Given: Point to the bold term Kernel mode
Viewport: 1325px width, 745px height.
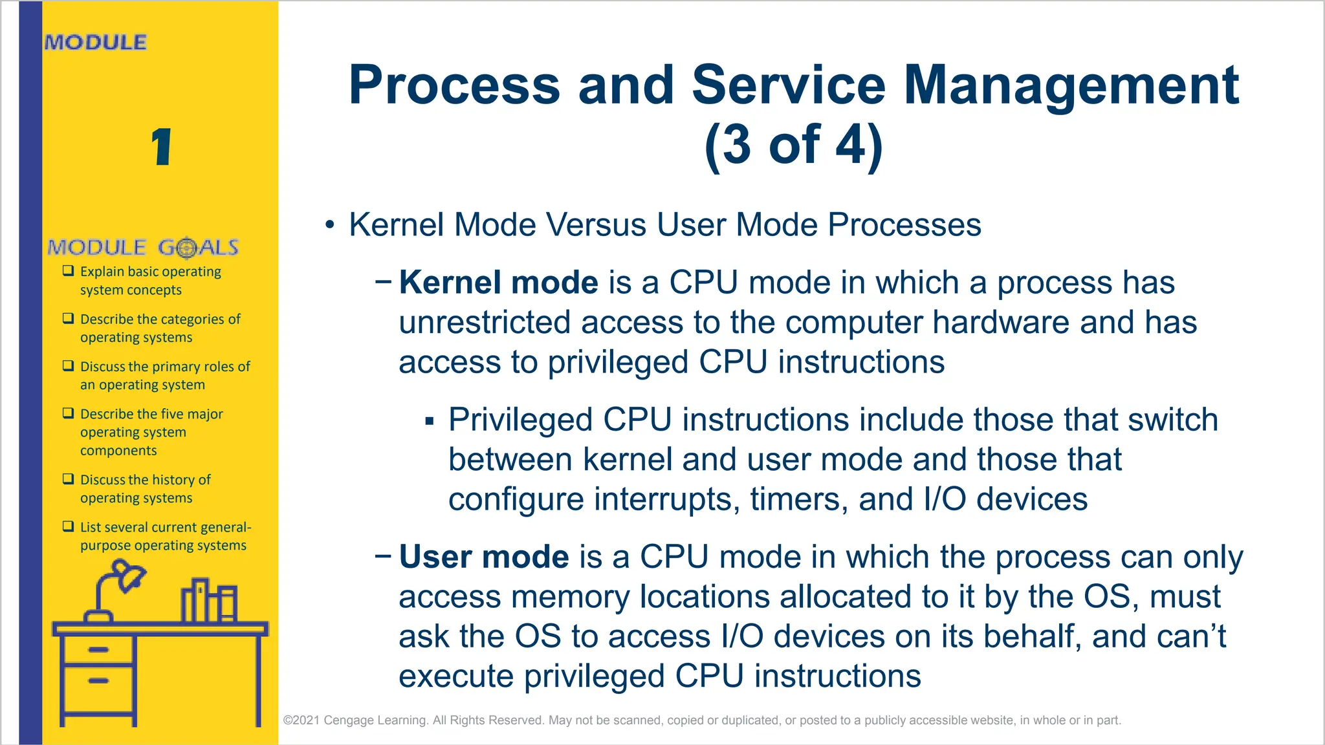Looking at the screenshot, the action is [x=498, y=283].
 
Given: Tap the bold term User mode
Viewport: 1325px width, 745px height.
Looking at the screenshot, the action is [x=483, y=557].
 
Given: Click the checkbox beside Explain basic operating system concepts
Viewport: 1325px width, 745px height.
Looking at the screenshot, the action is [x=68, y=271].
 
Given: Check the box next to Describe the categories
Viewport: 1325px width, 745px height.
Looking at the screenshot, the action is [x=68, y=318].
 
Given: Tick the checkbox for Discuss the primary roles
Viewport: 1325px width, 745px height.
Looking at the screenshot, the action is [x=68, y=365].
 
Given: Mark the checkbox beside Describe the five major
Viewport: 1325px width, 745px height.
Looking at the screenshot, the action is [x=68, y=413].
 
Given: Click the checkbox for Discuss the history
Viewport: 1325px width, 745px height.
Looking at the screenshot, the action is [x=68, y=479].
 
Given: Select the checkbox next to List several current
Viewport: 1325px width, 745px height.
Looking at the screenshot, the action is [x=68, y=526].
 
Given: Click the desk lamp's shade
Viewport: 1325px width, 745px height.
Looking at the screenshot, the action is [x=128, y=575].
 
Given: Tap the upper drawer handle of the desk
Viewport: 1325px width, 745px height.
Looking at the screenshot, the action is [x=98, y=649].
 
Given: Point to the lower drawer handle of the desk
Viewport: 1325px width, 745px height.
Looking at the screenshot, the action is [x=98, y=680].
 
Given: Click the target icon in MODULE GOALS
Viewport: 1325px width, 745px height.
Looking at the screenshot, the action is [x=186, y=248].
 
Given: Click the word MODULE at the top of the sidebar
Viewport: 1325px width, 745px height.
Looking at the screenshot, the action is [x=96, y=42].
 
